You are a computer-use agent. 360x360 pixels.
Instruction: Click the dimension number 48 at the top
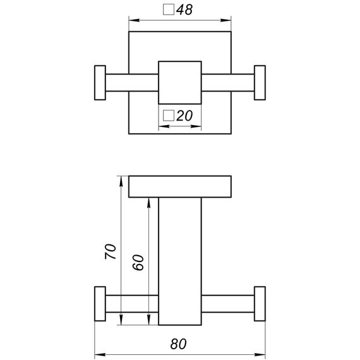(184, 10)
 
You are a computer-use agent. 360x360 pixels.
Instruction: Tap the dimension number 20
(184, 116)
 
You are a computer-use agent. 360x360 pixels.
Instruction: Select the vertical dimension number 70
(111, 251)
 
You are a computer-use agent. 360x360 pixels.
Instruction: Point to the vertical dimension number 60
(138, 262)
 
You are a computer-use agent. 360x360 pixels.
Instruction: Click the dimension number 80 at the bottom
(178, 344)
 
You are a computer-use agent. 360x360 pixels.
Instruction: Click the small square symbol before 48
(169, 9)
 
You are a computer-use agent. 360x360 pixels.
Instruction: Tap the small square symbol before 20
(169, 116)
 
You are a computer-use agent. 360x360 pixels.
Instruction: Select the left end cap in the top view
(100, 83)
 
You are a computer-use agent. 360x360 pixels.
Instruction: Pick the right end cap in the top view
(260, 83)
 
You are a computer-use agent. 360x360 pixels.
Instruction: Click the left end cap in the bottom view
(100, 304)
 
